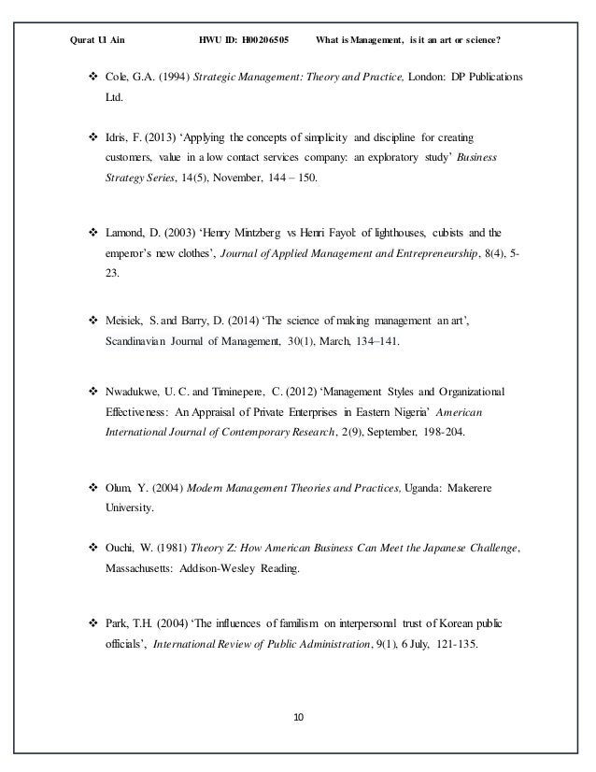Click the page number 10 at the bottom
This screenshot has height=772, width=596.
tap(297, 718)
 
